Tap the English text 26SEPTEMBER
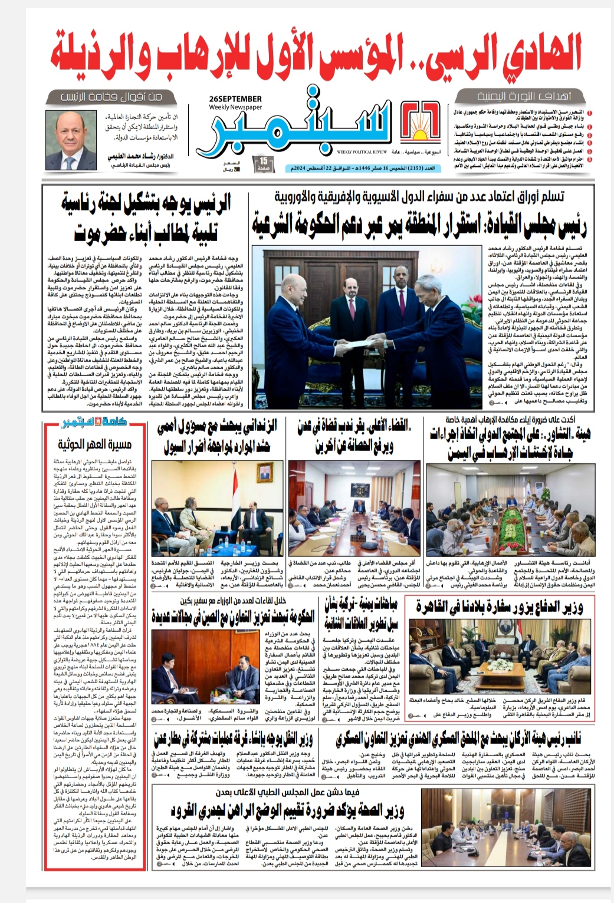235,98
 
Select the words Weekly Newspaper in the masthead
235,107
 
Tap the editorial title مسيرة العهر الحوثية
95,444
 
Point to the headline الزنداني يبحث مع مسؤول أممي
217,437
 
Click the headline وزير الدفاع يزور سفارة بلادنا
499,608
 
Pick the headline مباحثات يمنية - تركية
361,613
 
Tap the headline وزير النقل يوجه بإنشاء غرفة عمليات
232,739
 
